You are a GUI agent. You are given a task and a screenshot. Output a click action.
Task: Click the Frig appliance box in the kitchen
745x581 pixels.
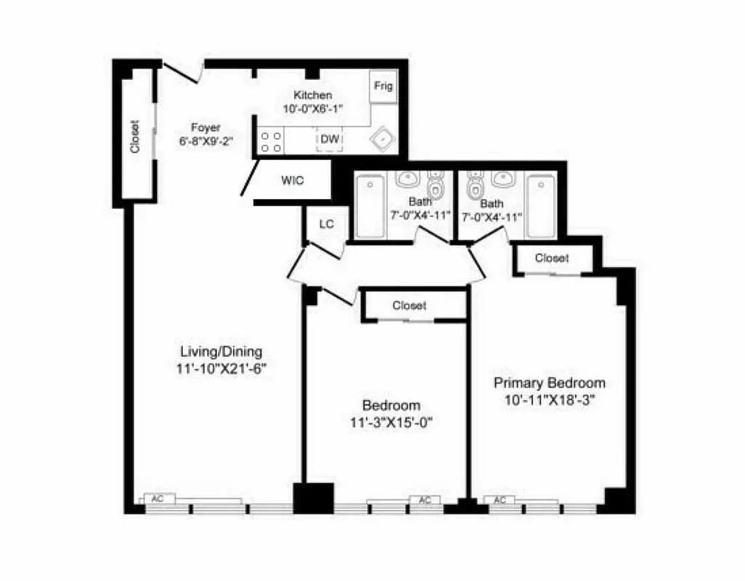click(383, 86)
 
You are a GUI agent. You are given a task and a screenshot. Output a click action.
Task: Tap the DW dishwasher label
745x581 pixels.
click(330, 139)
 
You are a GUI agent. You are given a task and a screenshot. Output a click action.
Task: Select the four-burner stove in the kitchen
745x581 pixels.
click(272, 142)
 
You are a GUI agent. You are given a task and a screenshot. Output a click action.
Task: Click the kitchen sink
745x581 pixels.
click(383, 140)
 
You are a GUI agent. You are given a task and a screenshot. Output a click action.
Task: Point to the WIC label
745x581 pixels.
click(293, 181)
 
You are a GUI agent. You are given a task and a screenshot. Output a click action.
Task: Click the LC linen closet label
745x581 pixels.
click(327, 224)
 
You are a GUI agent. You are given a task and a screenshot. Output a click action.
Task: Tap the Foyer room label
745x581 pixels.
click(205, 127)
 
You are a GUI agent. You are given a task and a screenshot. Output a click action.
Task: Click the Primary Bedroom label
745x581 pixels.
click(549, 383)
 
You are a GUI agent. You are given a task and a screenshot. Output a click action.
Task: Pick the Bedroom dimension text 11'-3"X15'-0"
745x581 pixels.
click(391, 421)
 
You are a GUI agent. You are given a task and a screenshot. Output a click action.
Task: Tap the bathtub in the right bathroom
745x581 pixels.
click(541, 205)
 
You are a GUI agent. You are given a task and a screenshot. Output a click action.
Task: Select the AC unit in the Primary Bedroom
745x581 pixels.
click(500, 500)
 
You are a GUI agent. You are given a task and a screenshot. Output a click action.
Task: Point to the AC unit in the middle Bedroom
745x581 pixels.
click(426, 500)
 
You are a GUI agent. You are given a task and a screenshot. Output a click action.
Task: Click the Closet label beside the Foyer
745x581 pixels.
click(135, 137)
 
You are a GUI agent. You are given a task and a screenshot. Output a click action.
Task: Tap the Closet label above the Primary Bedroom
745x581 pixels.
click(552, 258)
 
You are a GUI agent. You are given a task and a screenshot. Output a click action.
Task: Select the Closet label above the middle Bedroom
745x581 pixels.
click(410, 306)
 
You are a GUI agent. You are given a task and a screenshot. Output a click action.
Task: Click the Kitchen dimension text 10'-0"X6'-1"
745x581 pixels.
click(313, 108)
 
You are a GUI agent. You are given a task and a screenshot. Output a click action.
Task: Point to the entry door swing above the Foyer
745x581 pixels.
click(183, 71)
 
